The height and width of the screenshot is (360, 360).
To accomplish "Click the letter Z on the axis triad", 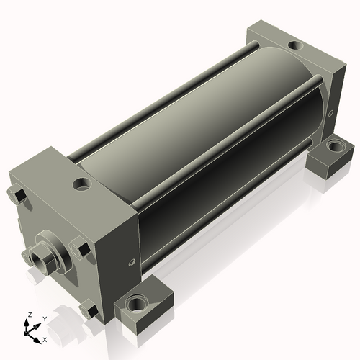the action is point(30,315).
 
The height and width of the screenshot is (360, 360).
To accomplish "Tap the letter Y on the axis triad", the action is point(45,319).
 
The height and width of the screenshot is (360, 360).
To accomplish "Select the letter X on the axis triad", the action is point(45,340).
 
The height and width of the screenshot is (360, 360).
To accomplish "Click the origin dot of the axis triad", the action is point(25,334).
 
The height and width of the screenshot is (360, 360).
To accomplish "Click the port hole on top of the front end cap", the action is point(82,184).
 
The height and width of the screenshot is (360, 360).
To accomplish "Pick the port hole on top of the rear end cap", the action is point(296,45).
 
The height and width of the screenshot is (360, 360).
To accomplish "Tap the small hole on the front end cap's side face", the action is point(132,262).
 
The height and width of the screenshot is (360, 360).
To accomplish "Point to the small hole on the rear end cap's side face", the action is point(330,113).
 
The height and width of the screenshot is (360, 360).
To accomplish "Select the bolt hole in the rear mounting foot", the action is point(336,146).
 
